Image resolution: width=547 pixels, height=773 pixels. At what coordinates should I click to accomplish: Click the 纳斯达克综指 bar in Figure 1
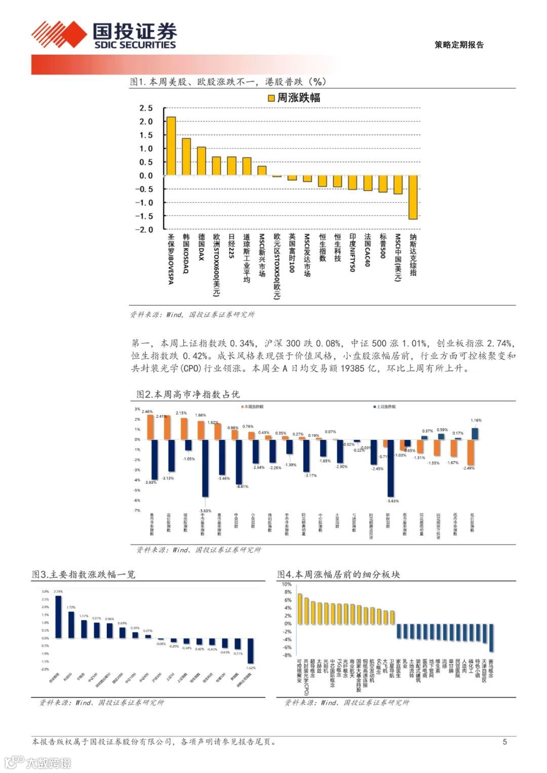[x=413, y=197]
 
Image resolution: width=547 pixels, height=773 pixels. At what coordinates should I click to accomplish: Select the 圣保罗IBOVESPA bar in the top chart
[x=171, y=146]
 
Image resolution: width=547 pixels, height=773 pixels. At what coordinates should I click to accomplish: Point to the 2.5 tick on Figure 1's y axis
[x=146, y=108]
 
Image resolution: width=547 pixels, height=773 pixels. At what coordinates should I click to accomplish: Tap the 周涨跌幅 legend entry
[x=294, y=98]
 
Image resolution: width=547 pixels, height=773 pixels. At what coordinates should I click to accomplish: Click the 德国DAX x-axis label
[x=201, y=247]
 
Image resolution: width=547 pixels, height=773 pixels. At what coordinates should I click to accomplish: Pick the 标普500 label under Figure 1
[x=383, y=247]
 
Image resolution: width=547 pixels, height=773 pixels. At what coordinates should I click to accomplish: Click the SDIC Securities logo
[x=104, y=35]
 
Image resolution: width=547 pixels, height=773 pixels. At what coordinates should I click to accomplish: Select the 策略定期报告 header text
[x=459, y=45]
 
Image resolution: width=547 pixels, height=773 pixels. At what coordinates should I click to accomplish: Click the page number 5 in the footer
[x=504, y=742]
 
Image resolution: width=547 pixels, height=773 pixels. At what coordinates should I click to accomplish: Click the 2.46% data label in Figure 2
[x=147, y=412]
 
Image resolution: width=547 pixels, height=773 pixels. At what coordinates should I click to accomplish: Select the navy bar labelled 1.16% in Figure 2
[x=475, y=433]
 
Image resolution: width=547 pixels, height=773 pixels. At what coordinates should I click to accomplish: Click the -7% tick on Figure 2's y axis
[x=137, y=510]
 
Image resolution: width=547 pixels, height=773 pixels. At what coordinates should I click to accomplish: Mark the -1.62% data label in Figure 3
[x=250, y=668]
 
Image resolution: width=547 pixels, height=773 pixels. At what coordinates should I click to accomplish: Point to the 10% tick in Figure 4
[x=287, y=584]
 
